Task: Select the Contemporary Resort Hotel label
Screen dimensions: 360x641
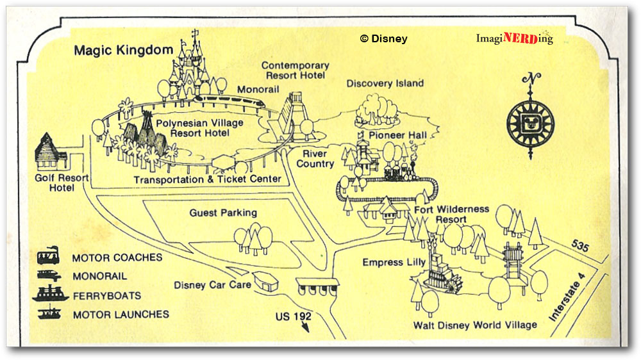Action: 295,70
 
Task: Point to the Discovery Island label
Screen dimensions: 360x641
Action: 385,83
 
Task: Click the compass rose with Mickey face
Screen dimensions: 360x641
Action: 530,120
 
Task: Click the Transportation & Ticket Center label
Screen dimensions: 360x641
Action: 207,179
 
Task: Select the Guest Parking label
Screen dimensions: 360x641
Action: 223,213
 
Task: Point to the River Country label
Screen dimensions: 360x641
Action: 315,159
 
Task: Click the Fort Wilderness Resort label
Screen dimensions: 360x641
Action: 451,214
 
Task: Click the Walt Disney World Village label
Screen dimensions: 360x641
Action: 475,325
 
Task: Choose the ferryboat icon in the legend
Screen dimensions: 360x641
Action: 50,294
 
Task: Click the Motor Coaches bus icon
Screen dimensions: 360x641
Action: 49,258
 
